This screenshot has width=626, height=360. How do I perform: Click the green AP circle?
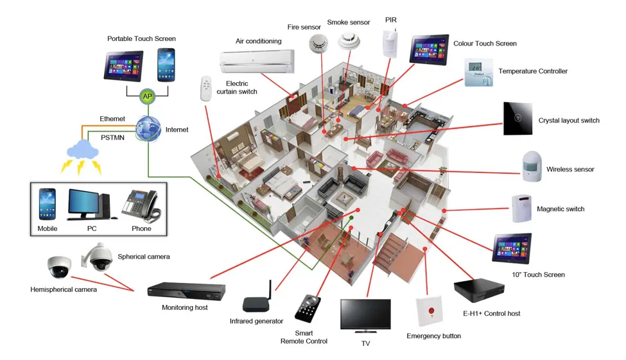(x=148, y=96)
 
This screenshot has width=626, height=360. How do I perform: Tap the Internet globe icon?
(x=148, y=129)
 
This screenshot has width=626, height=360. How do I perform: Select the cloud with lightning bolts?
(x=82, y=152)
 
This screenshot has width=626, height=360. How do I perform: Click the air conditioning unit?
(x=256, y=60)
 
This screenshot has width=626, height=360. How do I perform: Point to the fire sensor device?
(x=318, y=44)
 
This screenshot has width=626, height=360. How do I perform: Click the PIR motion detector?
(x=390, y=44)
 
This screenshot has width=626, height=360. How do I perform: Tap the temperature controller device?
(x=479, y=72)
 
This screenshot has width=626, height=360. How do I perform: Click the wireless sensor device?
(x=532, y=167)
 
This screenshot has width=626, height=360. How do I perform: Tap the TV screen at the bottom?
(x=365, y=314)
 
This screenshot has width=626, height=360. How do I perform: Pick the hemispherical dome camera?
(x=59, y=266)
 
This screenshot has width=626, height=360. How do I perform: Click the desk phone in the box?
(x=141, y=205)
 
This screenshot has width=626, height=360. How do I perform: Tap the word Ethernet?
(x=112, y=119)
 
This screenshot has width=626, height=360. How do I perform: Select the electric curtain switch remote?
(x=206, y=88)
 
